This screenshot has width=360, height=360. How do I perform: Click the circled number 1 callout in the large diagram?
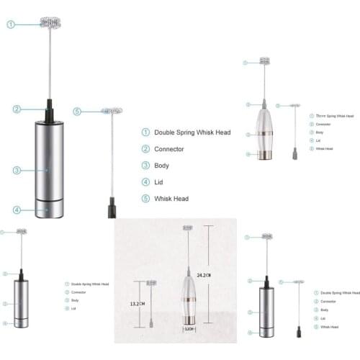pos(12,24)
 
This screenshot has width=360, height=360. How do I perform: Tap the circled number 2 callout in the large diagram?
pos(16,109)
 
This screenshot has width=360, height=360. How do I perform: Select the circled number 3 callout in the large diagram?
pos(16,170)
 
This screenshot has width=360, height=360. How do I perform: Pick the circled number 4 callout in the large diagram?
pos(16,210)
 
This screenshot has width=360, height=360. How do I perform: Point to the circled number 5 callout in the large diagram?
pos(78,111)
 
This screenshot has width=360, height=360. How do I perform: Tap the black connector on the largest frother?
pos(48,109)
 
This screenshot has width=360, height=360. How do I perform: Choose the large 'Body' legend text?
pos(161,166)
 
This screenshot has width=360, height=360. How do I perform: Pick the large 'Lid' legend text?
pos(158,182)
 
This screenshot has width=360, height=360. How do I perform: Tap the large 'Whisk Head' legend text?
pos(171,199)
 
